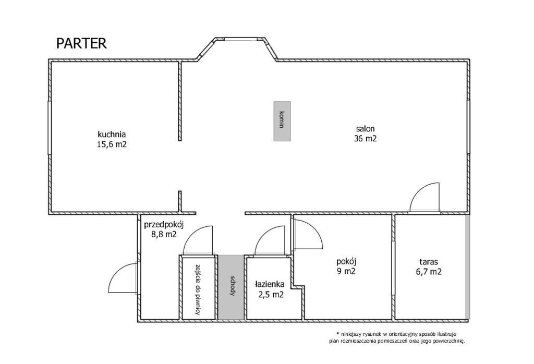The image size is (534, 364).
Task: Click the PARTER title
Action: tap(81, 44)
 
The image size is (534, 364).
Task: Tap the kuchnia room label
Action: tap(112, 134)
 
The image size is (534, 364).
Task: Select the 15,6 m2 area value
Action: tap(112, 144)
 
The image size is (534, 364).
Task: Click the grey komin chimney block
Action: tap(282, 121)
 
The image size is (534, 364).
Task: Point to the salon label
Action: tap(366, 129)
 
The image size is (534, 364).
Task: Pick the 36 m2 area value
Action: tap(366, 139)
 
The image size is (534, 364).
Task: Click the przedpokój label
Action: tap(164, 225)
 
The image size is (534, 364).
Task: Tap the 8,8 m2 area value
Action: tap(164, 234)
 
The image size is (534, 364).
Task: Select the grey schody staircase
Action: tap(231, 287)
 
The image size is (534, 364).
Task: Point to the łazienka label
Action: tap(270, 284)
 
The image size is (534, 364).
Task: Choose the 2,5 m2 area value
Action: tap(271, 295)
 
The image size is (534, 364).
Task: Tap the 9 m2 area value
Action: tap(346, 272)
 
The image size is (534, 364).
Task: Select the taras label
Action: tap(429, 262)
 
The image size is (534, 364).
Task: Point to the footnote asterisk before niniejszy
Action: tap(337, 333)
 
